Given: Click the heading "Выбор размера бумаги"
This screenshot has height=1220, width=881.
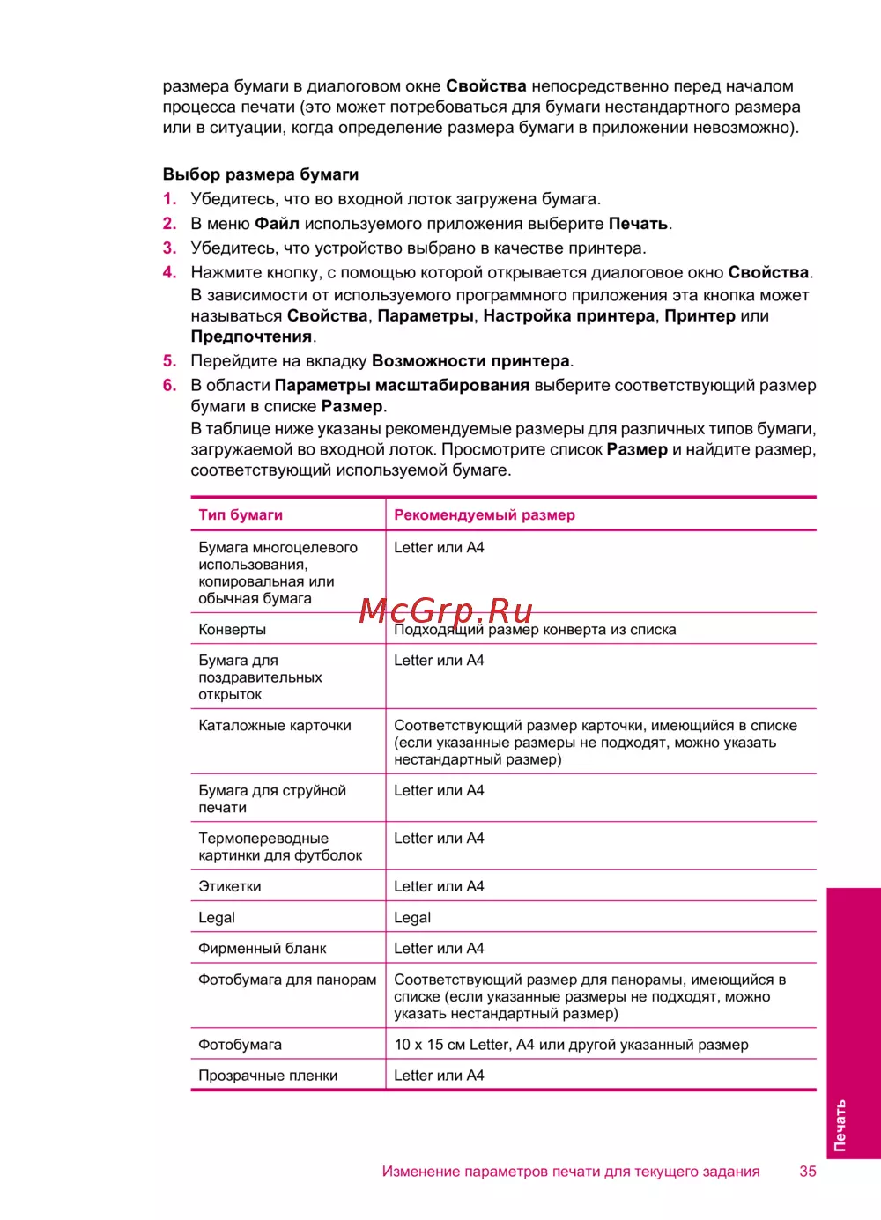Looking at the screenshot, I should click(x=260, y=174).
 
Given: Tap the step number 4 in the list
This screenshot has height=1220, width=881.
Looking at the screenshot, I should click(x=169, y=272).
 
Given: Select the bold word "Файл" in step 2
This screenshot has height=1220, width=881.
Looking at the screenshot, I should click(x=277, y=224).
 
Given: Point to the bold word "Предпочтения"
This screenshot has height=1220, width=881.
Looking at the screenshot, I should click(x=251, y=336).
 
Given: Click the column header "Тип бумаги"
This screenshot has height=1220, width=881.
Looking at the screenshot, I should click(x=241, y=514).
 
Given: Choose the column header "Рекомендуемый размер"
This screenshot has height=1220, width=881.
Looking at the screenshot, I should click(x=484, y=514).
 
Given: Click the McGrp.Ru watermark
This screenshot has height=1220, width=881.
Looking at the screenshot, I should click(x=446, y=610).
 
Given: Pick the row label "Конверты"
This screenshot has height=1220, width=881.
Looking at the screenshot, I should click(x=232, y=630).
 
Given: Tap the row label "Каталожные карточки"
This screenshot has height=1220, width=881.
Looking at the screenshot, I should click(x=274, y=726).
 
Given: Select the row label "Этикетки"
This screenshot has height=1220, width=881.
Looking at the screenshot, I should click(x=229, y=886).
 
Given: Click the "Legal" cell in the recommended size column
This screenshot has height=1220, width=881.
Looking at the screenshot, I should click(x=412, y=918).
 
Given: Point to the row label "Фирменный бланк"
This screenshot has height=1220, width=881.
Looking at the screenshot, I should click(x=262, y=949).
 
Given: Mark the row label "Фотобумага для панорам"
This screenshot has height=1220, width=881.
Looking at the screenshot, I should click(x=286, y=980).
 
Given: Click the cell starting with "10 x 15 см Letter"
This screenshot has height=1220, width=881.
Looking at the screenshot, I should click(x=571, y=1045).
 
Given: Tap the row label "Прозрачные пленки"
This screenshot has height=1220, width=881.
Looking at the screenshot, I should click(x=268, y=1076).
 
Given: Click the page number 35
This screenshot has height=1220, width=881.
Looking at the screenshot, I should click(x=807, y=1172).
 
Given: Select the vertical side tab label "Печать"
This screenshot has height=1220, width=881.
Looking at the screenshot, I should click(x=840, y=1125).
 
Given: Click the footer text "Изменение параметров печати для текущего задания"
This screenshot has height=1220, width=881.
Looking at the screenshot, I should click(x=570, y=1172).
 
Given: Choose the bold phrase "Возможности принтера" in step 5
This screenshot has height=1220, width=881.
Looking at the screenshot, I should click(x=470, y=361).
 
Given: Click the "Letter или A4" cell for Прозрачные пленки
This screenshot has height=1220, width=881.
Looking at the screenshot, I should click(x=439, y=1076).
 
